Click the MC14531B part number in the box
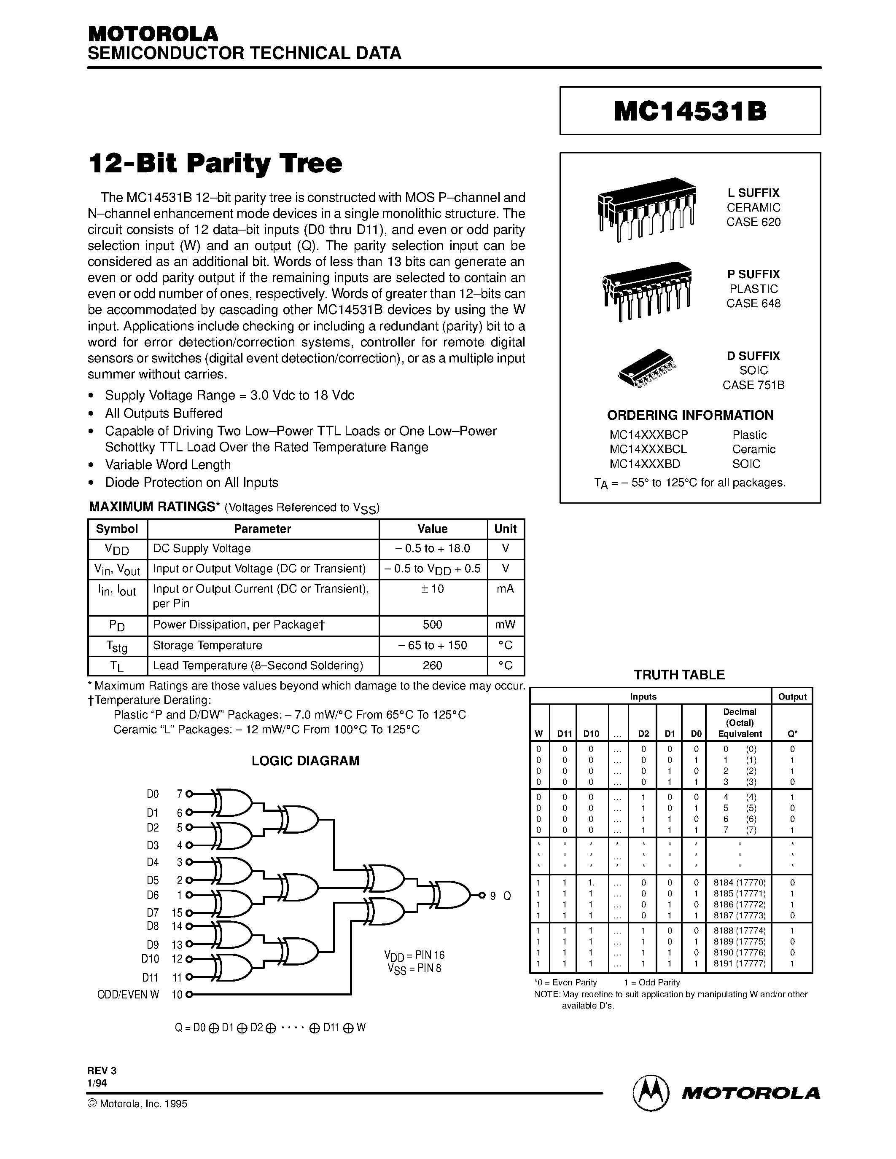click(690, 111)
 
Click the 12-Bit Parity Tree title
click(215, 164)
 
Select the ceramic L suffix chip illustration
click(646, 209)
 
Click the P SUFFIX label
click(753, 274)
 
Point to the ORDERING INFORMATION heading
click(690, 415)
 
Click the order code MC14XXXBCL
click(648, 449)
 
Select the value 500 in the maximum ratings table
click(432, 625)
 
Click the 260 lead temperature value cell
click(432, 665)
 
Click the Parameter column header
click(262, 529)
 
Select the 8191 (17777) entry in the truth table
click(740, 963)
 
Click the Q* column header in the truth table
click(792, 733)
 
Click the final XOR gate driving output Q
click(452, 895)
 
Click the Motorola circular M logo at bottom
click(650, 1093)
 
